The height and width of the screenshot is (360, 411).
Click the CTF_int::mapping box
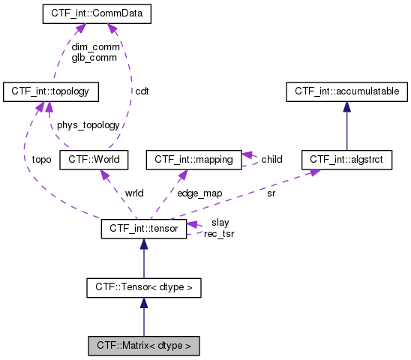(193, 159)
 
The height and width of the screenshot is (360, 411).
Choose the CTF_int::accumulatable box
(346, 91)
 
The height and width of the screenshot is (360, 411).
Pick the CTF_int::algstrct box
(346, 159)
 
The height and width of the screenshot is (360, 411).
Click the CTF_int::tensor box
(143, 228)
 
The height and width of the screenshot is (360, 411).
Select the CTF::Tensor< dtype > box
(143, 287)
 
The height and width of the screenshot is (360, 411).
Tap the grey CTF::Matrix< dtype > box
(143, 346)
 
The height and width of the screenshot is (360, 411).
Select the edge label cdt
(142, 91)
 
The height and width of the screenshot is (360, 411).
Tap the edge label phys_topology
(88, 125)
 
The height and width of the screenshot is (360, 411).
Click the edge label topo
(41, 160)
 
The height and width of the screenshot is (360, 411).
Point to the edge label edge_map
(199, 193)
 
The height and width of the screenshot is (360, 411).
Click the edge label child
(271, 159)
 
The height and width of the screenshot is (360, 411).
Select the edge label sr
(271, 193)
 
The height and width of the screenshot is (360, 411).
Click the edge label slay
(220, 223)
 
